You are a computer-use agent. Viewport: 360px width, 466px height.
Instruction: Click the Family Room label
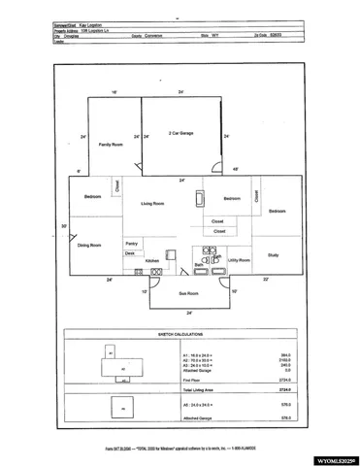(111, 144)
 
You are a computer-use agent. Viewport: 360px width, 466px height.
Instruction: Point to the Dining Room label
(89, 246)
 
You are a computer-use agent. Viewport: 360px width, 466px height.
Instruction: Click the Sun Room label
(188, 292)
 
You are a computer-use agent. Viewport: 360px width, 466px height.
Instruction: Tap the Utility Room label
(239, 260)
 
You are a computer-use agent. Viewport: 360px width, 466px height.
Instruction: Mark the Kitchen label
(152, 261)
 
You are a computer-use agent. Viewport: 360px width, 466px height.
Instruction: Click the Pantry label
(132, 243)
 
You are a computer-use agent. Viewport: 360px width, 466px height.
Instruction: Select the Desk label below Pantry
(129, 252)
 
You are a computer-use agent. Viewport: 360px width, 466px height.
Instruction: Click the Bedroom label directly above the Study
(278, 211)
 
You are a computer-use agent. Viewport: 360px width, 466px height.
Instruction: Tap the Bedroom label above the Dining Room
(92, 197)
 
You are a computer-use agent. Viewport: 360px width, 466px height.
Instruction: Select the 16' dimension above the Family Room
(115, 92)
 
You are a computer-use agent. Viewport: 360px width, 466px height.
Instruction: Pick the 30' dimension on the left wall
(64, 226)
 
